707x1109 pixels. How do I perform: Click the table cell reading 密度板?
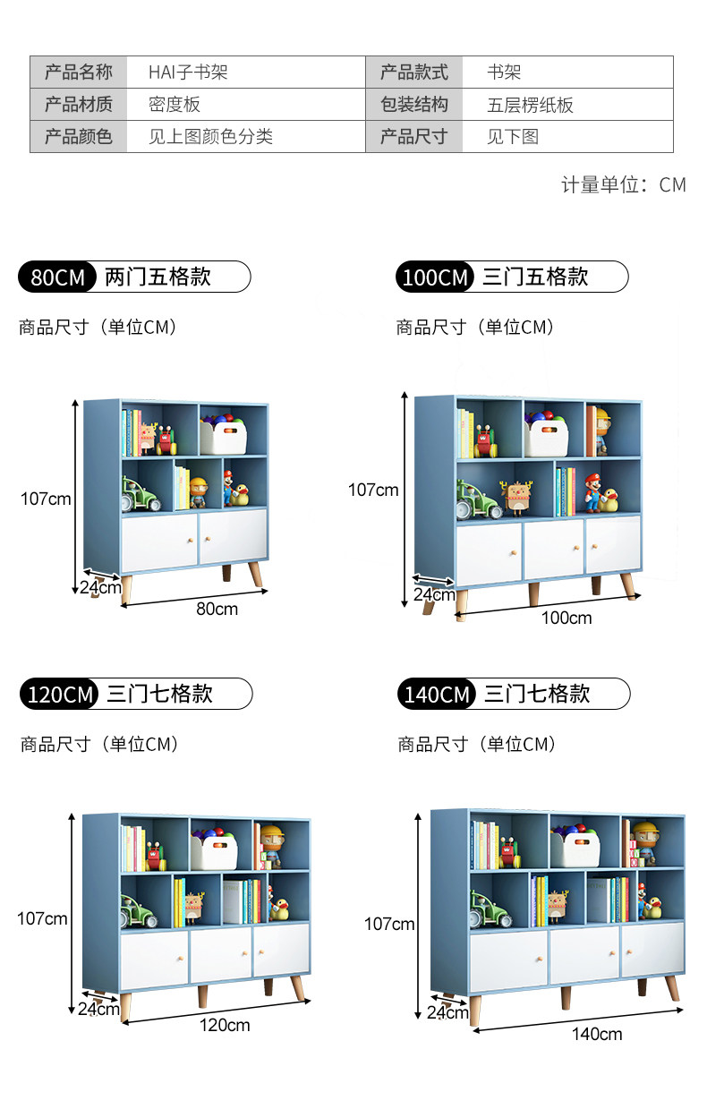coord(175,105)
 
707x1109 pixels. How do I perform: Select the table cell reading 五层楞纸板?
coord(530,105)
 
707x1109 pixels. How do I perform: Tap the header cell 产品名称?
coord(79,73)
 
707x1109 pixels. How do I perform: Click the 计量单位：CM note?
coord(623,185)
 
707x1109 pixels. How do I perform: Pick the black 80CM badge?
coord(58,277)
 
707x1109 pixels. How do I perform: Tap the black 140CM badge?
coord(437,695)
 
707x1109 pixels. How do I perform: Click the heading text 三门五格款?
coord(535,277)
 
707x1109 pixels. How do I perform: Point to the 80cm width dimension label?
coord(217,609)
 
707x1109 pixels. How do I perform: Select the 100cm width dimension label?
coord(566,618)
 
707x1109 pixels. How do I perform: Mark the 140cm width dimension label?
coord(597,1034)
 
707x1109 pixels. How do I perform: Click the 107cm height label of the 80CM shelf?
coord(46,499)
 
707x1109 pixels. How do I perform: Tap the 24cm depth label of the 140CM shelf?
coord(447,1013)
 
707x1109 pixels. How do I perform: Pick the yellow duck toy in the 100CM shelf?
coord(610,499)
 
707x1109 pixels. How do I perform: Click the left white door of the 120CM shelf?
coord(154,955)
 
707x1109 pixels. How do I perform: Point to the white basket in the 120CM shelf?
coord(214,851)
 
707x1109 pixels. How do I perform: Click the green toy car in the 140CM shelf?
coord(491,909)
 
